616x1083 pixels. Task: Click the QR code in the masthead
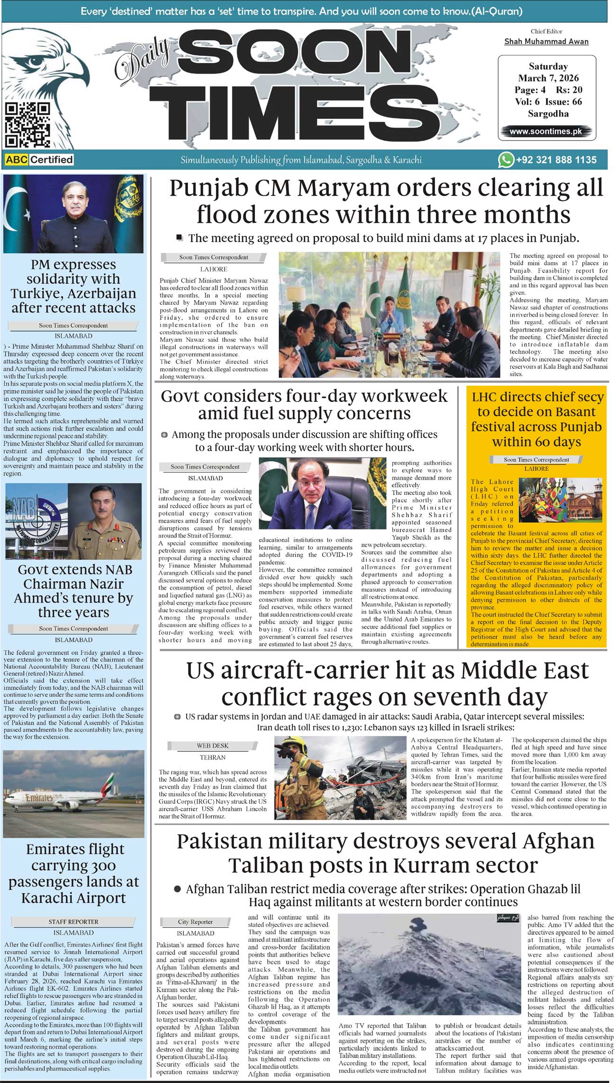coord(27,125)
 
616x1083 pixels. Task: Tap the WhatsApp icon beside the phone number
coord(506,160)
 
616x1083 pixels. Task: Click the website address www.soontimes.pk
coord(545,132)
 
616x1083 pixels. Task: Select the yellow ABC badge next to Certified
coord(16,160)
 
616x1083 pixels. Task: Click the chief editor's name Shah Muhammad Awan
coord(546,42)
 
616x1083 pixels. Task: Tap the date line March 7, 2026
coord(548,78)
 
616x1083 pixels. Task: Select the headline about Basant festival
coord(537,419)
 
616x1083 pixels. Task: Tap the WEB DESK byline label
coord(213,746)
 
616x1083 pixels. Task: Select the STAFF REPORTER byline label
coord(73,922)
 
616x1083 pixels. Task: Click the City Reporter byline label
coord(195,922)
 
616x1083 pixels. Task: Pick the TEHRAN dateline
coord(212,757)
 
